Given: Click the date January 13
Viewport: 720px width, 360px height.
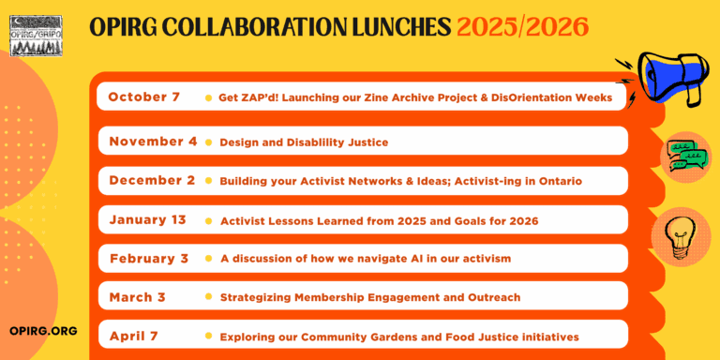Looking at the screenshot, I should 147,220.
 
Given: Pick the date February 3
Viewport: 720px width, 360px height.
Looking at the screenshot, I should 148,259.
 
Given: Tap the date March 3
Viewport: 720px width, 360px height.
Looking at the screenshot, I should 137,297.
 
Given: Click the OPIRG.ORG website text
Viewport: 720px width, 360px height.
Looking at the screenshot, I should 42,331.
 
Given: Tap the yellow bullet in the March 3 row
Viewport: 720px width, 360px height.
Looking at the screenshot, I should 208,297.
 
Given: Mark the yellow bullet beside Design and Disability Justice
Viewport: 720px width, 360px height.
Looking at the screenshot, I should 208,142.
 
